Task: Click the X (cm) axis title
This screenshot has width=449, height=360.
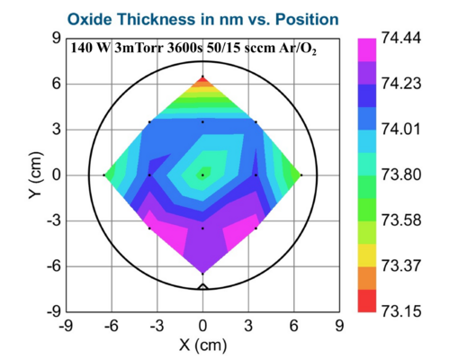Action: click(x=202, y=345)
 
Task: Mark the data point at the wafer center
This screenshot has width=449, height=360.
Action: click(x=202, y=175)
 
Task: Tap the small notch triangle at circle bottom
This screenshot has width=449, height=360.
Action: click(x=202, y=285)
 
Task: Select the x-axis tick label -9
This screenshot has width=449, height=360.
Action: click(x=65, y=326)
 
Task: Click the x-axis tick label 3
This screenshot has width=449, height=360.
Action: click(x=249, y=326)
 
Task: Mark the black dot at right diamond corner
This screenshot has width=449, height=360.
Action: click(x=301, y=175)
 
